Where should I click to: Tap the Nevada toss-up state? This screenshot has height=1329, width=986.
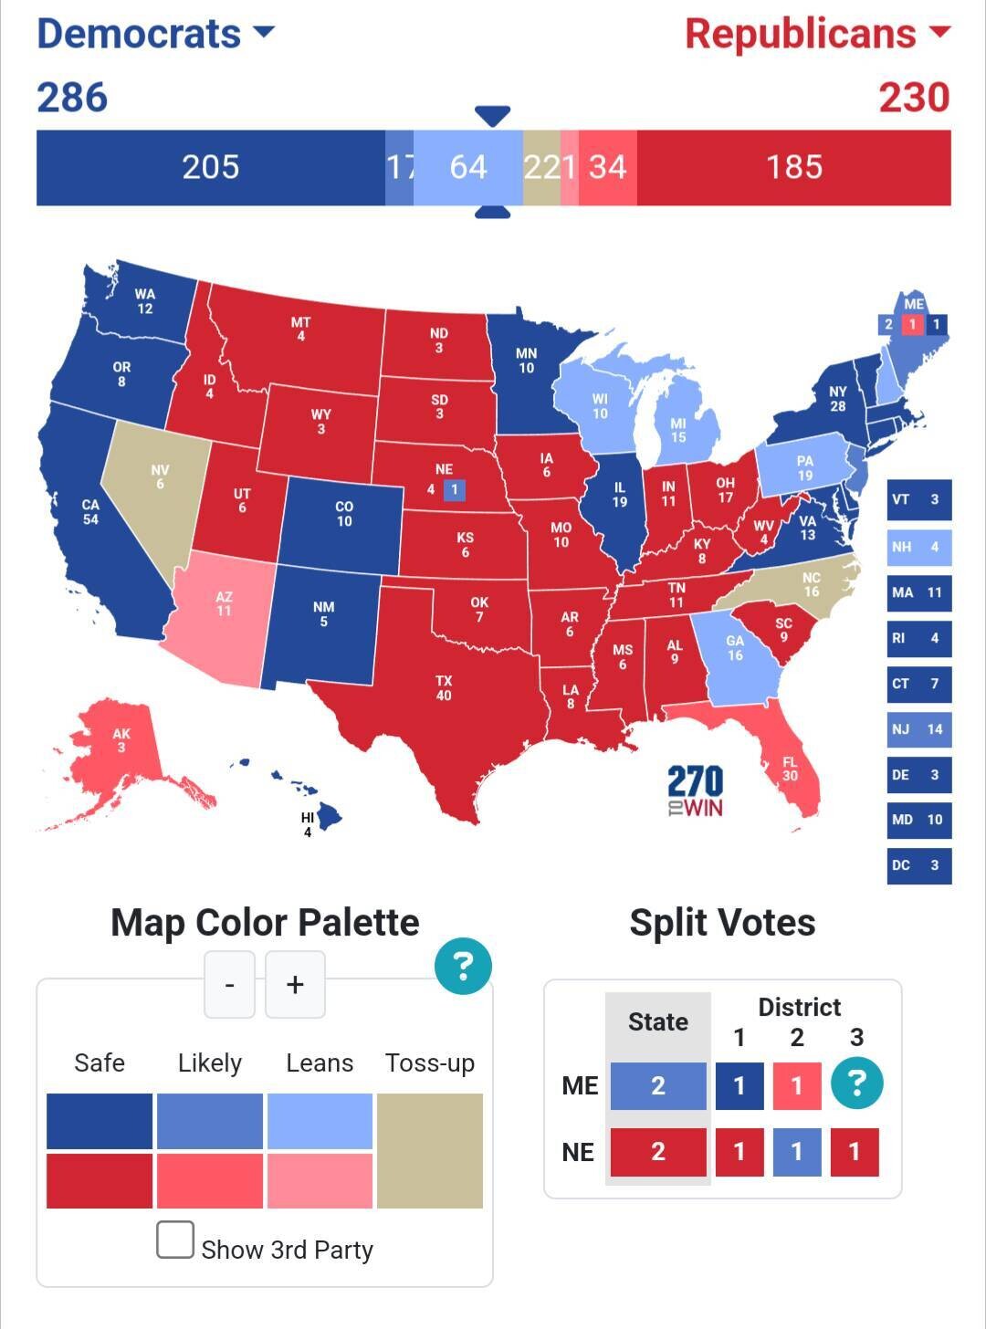point(155,493)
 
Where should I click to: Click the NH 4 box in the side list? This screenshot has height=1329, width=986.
point(918,547)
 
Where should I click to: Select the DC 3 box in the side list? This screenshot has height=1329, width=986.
point(918,865)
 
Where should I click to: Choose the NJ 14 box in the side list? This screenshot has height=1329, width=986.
point(918,729)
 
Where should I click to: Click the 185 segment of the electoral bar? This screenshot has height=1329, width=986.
point(793,167)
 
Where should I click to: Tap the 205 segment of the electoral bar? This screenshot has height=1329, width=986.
point(210,167)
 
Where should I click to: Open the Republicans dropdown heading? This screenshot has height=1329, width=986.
point(817,34)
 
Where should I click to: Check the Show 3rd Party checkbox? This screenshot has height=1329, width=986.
point(175,1240)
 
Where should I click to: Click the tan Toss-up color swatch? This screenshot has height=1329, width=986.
point(429,1150)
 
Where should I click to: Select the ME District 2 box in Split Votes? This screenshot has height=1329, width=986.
point(796,1085)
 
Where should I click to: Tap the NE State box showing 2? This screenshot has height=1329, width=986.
point(657,1152)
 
